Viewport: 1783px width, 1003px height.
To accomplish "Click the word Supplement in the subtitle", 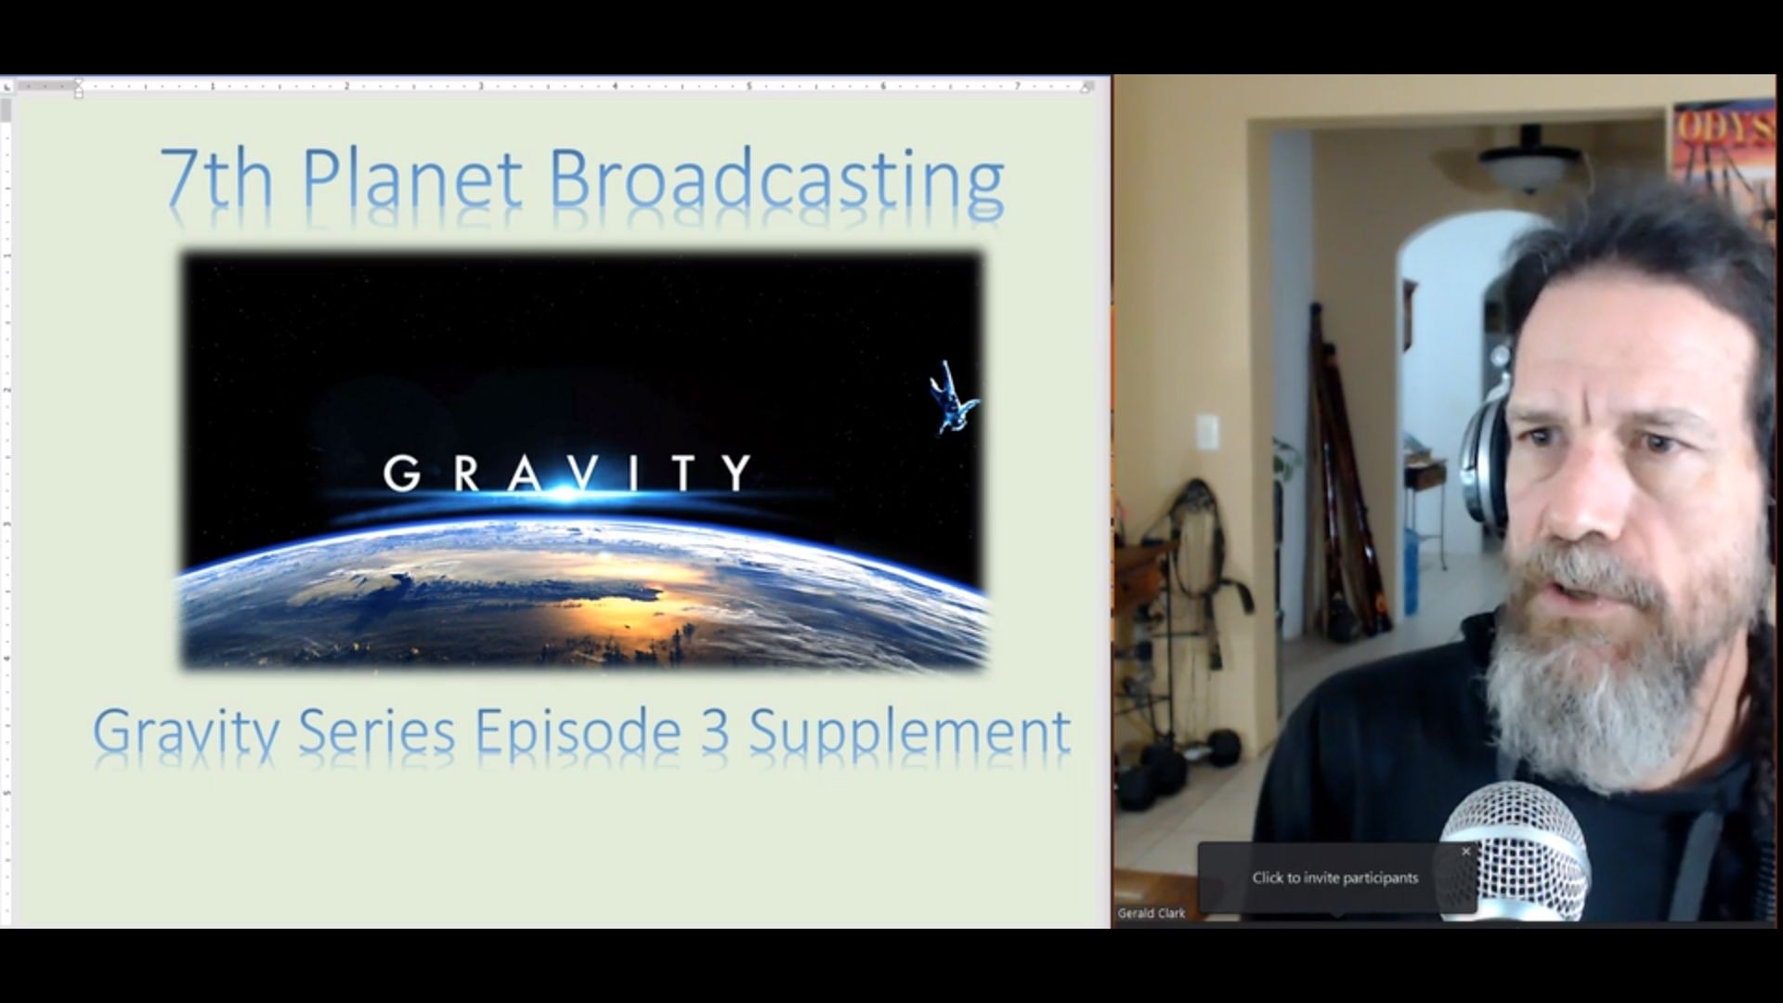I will click(x=909, y=732).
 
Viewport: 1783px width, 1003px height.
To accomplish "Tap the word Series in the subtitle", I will click(x=376, y=732).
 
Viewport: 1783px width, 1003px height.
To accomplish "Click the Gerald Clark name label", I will click(x=1152, y=913).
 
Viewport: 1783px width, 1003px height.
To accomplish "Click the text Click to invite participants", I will click(x=1334, y=878).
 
